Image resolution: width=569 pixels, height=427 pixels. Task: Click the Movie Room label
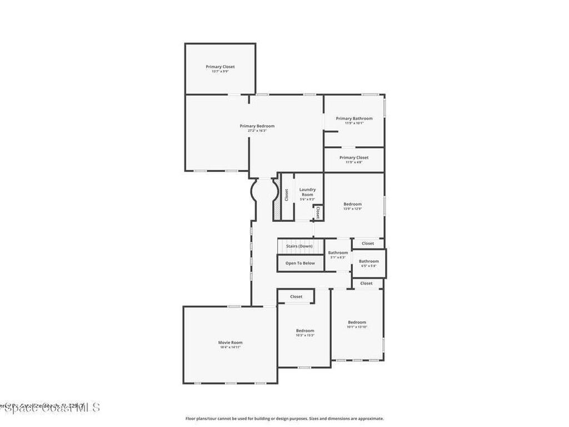[x=230, y=342]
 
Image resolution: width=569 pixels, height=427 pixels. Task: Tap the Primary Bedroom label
[x=257, y=126]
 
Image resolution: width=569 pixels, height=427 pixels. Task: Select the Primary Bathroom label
[x=354, y=118]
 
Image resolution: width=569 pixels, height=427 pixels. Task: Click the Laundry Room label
[x=307, y=192]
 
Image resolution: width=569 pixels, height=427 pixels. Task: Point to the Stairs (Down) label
[x=299, y=246]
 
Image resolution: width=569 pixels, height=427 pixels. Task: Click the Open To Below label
[x=300, y=263]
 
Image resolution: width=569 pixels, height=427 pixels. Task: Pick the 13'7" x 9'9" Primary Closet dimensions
[x=220, y=72]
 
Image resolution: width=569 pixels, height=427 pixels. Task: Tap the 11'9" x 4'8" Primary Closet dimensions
[x=354, y=162]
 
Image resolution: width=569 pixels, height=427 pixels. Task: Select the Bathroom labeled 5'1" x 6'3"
[x=338, y=253]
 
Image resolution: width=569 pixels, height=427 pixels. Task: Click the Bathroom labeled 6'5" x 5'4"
[x=368, y=261]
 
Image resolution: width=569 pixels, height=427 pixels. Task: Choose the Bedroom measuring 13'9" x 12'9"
[x=352, y=204]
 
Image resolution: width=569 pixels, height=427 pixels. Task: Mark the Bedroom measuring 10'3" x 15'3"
[x=305, y=331]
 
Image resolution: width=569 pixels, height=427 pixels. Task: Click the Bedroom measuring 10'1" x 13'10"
[x=357, y=322]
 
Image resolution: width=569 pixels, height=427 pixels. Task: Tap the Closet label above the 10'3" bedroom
[x=296, y=296]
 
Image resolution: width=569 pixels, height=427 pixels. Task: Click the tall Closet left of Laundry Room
[x=287, y=195]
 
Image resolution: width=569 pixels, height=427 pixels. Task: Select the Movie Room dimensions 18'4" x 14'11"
[x=230, y=347]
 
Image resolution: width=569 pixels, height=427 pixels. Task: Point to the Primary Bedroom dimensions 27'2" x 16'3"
[x=257, y=131]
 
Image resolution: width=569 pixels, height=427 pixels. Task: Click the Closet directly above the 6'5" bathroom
[x=367, y=244]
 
